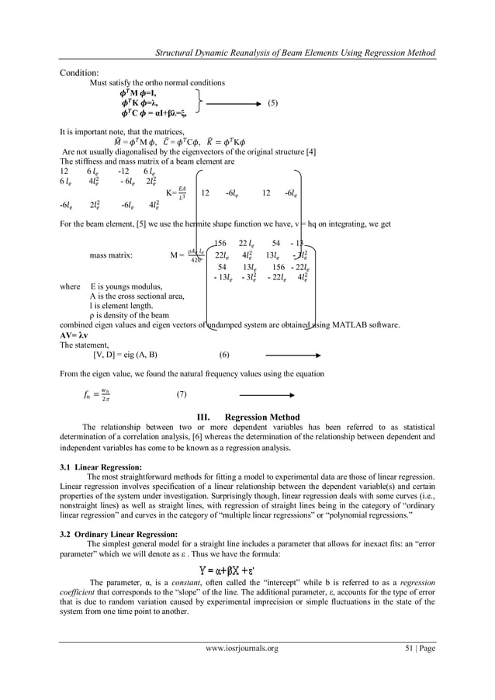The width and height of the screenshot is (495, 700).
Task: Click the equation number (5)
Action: click(x=272, y=102)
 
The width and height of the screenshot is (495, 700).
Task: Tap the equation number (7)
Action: click(x=182, y=394)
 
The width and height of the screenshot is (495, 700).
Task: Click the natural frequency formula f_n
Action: click(x=97, y=394)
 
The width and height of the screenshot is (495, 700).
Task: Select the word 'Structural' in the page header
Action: click(x=176, y=53)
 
